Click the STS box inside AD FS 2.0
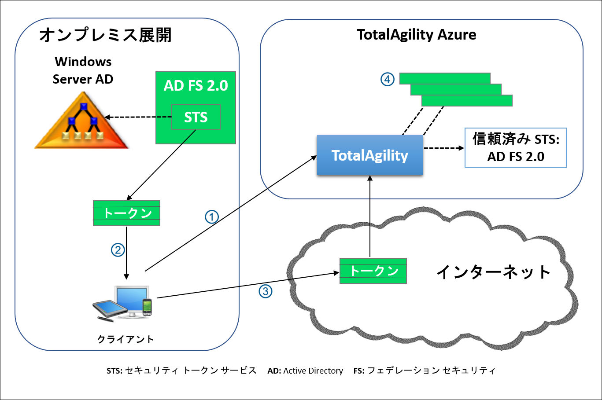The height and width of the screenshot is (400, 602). (196, 117)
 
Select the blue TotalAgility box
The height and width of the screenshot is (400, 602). (369, 155)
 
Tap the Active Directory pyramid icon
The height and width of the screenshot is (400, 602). (82, 122)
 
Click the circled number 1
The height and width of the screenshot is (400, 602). (212, 217)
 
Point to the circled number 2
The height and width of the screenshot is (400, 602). (118, 250)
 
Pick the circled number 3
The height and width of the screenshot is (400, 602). (265, 291)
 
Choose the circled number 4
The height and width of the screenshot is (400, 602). (387, 79)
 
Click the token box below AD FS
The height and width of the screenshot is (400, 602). (126, 213)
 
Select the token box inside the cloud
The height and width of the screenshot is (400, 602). (373, 271)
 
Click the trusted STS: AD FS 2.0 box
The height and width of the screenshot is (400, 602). (516, 148)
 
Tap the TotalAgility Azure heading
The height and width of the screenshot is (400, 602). (416, 35)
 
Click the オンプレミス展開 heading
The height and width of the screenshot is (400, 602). (105, 35)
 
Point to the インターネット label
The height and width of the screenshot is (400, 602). (493, 272)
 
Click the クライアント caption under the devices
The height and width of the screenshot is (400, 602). (126, 339)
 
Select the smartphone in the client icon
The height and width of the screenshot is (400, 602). (147, 307)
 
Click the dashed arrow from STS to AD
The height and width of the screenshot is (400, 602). (138, 117)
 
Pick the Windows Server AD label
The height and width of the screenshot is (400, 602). (83, 70)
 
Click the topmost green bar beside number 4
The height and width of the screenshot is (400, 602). (445, 78)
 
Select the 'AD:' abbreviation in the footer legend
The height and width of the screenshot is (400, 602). (274, 371)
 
